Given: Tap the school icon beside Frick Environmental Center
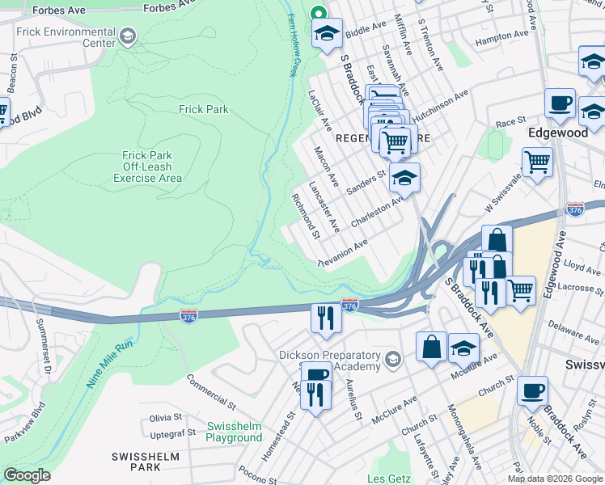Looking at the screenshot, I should tap(128, 36).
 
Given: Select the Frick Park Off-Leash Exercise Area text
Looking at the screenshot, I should tap(152, 167).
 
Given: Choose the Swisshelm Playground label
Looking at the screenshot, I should tap(234, 432).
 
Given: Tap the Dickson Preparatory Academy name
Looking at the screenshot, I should tap(329, 361).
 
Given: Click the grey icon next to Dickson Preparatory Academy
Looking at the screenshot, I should tap(393, 359).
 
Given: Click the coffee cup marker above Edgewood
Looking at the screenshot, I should tap(560, 103).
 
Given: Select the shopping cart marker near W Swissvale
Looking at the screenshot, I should tap(537, 162).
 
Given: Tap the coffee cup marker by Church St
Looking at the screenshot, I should tap(533, 391).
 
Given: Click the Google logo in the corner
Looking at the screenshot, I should tap(27, 475).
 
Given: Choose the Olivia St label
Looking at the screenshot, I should tap(166, 418).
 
